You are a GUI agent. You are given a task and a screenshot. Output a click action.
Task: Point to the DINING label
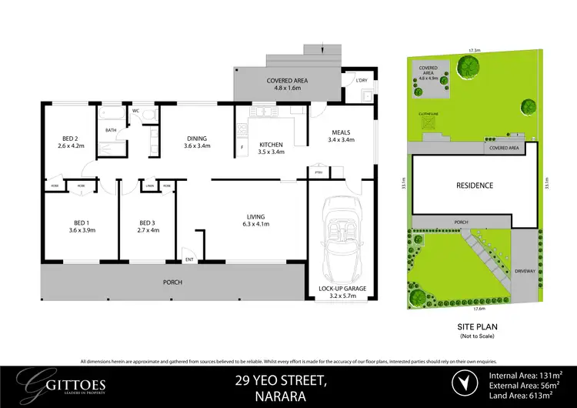click(196, 139)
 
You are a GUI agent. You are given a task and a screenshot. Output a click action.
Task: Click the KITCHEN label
click(272, 144)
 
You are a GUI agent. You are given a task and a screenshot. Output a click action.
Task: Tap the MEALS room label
click(341, 132)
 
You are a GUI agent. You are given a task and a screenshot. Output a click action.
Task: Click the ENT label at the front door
click(188, 259)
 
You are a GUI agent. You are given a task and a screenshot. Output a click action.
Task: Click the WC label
click(135, 111)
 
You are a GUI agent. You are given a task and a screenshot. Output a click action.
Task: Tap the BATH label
click(111, 130)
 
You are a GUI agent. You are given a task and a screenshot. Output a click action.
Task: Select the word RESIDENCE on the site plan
click(474, 186)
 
